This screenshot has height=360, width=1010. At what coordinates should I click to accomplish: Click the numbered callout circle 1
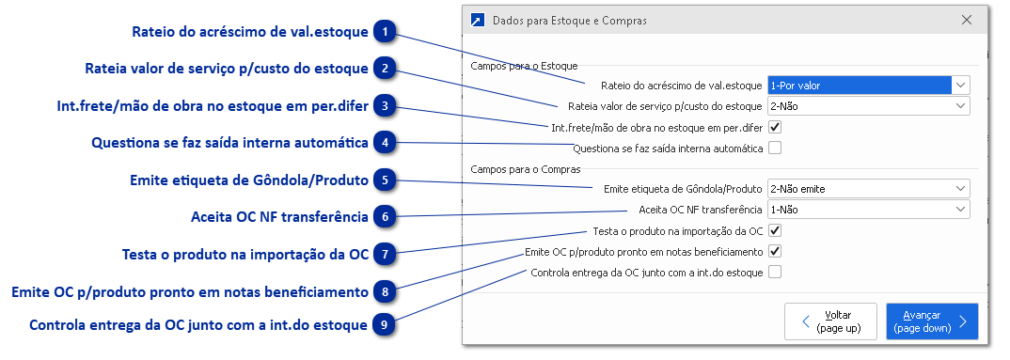click(386, 32)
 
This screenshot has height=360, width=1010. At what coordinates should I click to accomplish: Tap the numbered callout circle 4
click(386, 144)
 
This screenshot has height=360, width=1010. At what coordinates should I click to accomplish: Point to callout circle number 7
click(386, 255)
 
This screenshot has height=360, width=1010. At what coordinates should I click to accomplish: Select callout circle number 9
click(386, 326)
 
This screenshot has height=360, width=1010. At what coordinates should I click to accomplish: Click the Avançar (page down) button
click(931, 321)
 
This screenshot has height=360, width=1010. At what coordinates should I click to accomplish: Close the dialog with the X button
click(967, 20)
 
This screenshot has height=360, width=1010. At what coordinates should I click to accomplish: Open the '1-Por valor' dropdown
click(868, 86)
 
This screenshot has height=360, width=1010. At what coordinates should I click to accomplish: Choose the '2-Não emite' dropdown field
click(868, 189)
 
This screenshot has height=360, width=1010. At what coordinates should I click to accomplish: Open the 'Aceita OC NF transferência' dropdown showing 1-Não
click(868, 210)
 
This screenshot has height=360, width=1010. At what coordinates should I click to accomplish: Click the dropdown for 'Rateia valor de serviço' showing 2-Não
click(868, 106)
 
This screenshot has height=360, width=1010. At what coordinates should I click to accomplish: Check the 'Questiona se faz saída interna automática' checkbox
click(775, 148)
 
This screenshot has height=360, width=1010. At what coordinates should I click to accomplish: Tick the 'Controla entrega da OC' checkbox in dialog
click(775, 273)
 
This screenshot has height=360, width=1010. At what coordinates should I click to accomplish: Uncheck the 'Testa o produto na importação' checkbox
click(775, 230)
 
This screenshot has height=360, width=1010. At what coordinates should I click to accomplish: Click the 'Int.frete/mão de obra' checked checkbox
click(775, 127)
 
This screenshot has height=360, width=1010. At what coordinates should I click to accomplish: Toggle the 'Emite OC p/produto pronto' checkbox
click(775, 251)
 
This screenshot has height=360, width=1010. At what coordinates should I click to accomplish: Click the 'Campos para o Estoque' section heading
click(524, 66)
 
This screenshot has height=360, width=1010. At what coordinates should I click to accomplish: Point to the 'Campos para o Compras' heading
click(526, 169)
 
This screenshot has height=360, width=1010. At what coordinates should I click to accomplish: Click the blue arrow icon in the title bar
click(478, 20)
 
